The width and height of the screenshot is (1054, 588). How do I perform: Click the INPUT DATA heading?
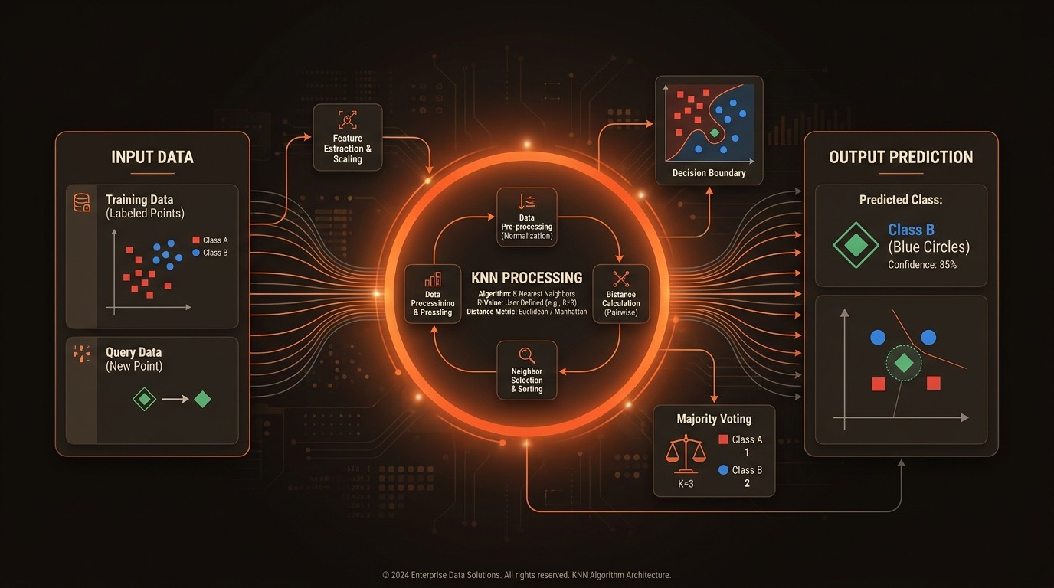[x=152, y=158]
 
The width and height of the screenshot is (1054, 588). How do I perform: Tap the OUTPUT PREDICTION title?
[x=901, y=158]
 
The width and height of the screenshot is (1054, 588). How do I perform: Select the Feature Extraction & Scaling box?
[x=348, y=138]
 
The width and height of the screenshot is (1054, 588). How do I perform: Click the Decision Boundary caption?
[x=709, y=173]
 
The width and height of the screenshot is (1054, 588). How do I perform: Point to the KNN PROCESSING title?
[x=527, y=278]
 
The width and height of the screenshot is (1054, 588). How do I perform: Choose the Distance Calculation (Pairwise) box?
[x=620, y=294]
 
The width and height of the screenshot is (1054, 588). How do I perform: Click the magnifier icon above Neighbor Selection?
[x=527, y=354]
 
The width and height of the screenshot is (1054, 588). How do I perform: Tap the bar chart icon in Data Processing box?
[x=433, y=279]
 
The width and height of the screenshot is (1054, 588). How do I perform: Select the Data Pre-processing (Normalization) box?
[x=527, y=217]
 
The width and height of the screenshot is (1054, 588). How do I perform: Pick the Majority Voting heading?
[x=714, y=419]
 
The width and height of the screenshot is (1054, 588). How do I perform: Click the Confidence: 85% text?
[x=922, y=265]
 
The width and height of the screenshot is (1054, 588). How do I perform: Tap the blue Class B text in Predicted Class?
[x=911, y=230]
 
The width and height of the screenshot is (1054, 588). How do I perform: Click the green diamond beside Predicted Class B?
[x=856, y=246]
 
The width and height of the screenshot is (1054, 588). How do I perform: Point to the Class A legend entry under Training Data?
[x=210, y=240]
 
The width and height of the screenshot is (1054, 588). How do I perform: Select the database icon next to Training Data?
[x=81, y=203]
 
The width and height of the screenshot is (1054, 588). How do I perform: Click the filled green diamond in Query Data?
[x=202, y=399]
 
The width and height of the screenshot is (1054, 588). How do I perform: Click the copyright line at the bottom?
[x=527, y=575]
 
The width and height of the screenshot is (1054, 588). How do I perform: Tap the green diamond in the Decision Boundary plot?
[x=715, y=133]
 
